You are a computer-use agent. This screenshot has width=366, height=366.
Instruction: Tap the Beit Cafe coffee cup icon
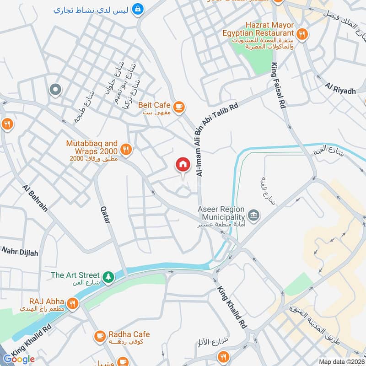coord(179,106)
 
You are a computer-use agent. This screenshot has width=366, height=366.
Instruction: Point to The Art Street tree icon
coord(108,276)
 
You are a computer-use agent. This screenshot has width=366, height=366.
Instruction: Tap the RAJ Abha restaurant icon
coord(72,303)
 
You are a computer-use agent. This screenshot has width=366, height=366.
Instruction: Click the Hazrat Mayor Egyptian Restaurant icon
coord(301,33)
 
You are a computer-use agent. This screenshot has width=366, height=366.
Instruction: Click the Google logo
coord(19,359)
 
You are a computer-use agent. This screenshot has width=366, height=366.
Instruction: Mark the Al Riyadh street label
coord(340,89)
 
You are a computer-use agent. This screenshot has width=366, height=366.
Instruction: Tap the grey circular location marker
coord(55,90)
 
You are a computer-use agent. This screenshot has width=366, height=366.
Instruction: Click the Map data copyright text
coord(341,362)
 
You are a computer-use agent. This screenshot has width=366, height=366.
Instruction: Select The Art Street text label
coord(75,275)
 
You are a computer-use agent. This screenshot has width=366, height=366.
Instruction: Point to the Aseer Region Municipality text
coord(222,213)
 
